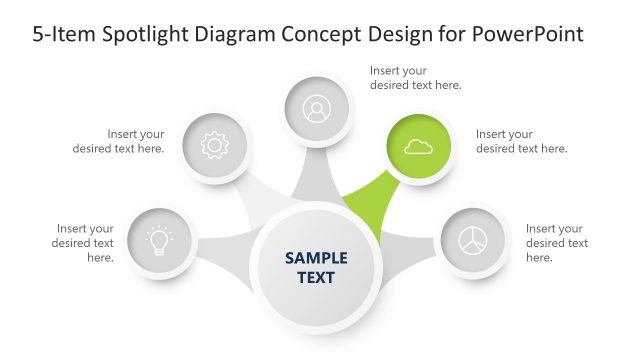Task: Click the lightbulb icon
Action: [159, 242]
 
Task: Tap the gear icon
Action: [215, 146]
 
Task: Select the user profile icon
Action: [317, 108]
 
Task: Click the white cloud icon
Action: [419, 147]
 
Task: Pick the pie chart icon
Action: [473, 242]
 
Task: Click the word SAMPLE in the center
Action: [316, 258]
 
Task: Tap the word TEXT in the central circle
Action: [316, 277]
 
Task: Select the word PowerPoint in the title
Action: [533, 34]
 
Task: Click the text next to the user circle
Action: [415, 78]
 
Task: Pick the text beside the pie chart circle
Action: [556, 243]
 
